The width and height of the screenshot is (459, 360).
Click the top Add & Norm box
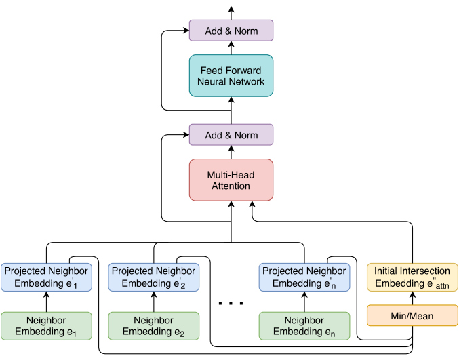pyautogui.click(x=231, y=31)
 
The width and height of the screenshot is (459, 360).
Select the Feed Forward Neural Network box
pyautogui.click(x=231, y=75)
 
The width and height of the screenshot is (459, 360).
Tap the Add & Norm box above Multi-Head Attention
pyautogui.click(x=231, y=135)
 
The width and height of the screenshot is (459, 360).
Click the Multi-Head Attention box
pyautogui.click(x=231, y=180)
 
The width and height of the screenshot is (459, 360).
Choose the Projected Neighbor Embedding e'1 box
pyautogui.click(x=46, y=277)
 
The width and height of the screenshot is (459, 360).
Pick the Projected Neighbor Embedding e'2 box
pyautogui.click(x=154, y=277)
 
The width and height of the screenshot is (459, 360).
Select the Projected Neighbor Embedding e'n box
pyautogui.click(x=304, y=277)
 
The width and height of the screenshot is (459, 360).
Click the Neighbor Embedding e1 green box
pyautogui.click(x=46, y=325)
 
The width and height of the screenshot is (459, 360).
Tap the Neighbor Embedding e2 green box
pyautogui.click(x=154, y=325)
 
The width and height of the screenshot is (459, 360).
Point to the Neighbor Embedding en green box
pyautogui.click(x=304, y=325)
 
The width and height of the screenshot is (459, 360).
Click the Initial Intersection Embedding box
pyautogui.click(x=412, y=277)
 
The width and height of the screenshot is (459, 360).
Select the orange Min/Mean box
pyautogui.click(x=412, y=315)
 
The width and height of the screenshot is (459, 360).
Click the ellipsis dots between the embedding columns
pyautogui.click(x=231, y=304)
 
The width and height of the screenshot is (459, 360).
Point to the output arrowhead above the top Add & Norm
pyautogui.click(x=231, y=9)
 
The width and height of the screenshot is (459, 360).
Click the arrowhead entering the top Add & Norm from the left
pyautogui.click(x=186, y=30)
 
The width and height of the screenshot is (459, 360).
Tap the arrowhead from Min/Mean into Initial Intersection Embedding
pyautogui.click(x=412, y=294)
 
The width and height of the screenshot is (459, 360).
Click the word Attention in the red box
pyautogui.click(x=231, y=186)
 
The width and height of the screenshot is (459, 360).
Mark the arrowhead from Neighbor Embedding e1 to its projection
pyautogui.click(x=46, y=294)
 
